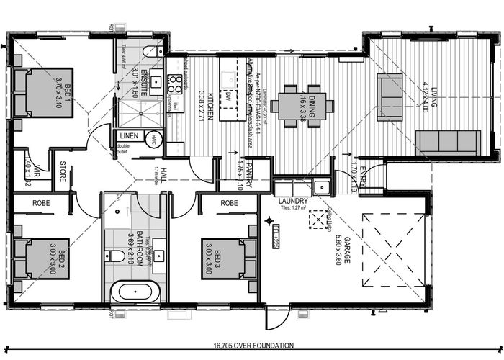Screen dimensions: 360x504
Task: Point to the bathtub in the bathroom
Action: coord(134,292)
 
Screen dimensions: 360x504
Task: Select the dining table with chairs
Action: coord(306,107)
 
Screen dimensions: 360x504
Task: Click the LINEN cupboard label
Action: coord(129,135)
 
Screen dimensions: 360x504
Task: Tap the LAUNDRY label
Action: coord(296,202)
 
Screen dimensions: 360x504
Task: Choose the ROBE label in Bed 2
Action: coord(42,204)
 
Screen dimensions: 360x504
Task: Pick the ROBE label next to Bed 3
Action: coord(230,204)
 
